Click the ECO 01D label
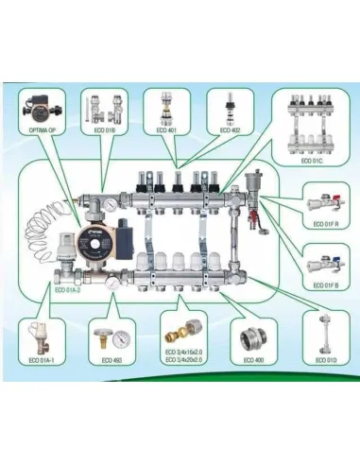(321, 360)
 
